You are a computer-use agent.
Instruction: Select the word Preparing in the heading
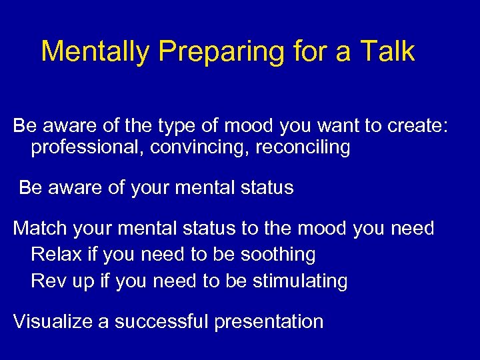coord(205,52)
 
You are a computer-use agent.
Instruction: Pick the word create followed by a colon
coord(412,125)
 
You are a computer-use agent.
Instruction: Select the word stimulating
coord(300,281)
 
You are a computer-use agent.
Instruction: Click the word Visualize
coord(53,321)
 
